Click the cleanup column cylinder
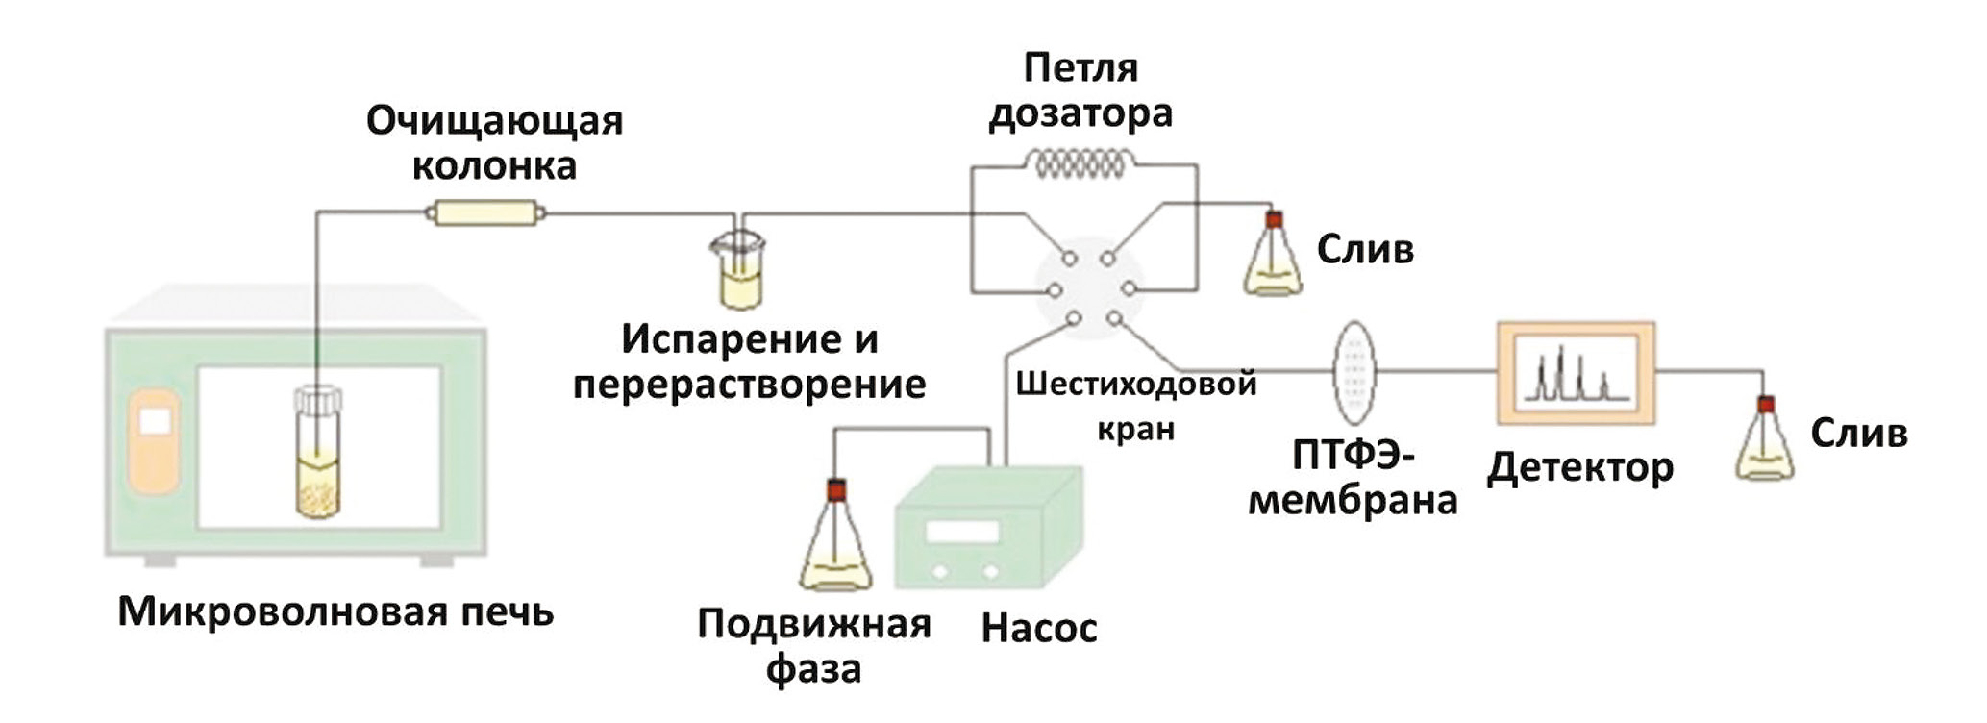485,212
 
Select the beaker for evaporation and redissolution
739,274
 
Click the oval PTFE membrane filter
1354,372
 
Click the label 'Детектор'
1579,468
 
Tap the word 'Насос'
1038,628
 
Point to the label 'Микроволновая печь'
335,611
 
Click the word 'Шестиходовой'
1135,385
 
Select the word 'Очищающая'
494,122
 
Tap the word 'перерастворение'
749,385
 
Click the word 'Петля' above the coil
1080,68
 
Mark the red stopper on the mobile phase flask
835,489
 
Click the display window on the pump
961,532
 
